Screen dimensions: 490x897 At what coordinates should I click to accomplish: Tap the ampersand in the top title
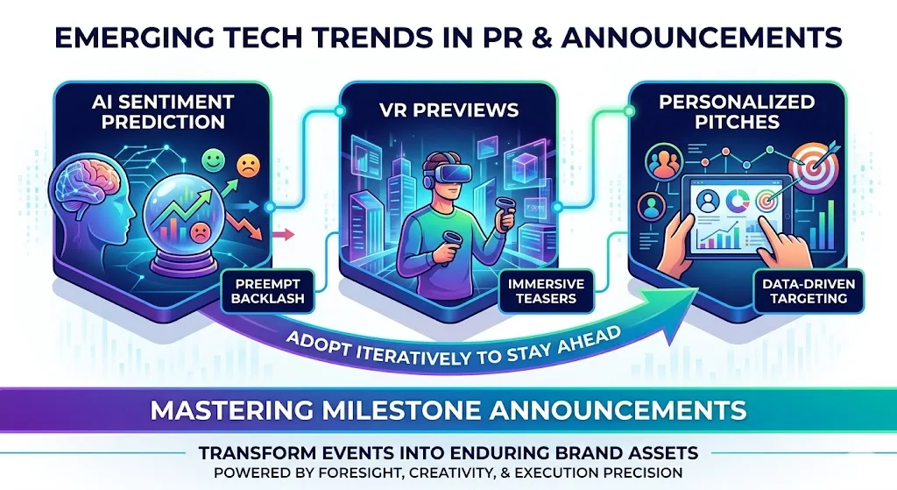(577, 38)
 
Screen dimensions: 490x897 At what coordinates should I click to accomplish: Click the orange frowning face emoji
(251, 167)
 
